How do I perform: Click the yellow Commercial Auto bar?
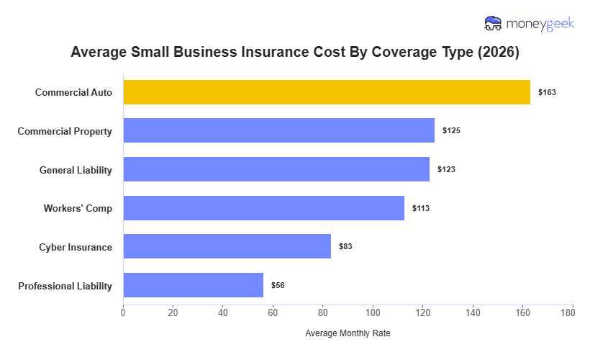point(327,92)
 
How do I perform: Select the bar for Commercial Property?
point(279,130)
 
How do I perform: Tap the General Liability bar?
point(276,169)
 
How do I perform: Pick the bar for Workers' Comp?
point(264,208)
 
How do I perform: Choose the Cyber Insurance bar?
point(227,246)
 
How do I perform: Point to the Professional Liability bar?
point(194,285)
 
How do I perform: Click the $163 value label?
point(548,93)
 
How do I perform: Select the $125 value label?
point(451,131)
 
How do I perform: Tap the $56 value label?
point(278,286)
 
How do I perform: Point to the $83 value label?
point(345,247)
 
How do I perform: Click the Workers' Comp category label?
point(78,209)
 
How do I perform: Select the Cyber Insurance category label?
point(76,248)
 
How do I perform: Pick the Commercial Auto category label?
point(73,93)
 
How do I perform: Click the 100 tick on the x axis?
point(373,312)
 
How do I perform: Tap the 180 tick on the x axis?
point(573,312)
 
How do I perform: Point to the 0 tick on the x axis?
point(123,312)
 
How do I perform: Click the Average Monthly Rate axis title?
point(348,334)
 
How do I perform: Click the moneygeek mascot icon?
point(494,24)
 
